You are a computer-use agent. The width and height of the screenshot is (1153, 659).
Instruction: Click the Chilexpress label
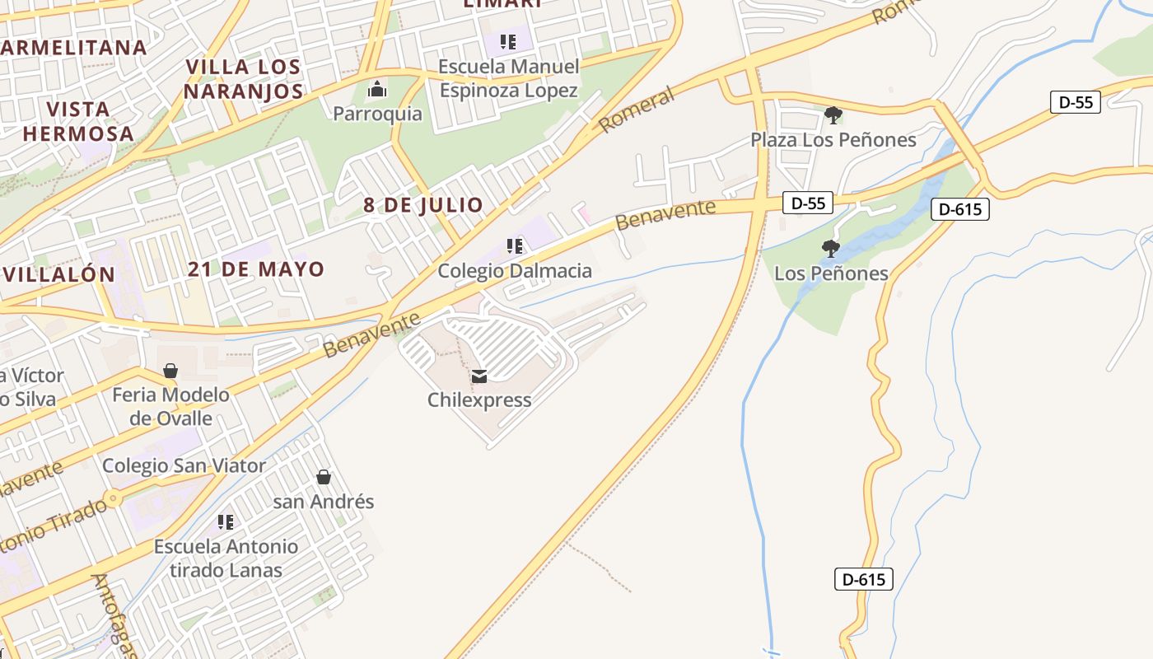[479, 400]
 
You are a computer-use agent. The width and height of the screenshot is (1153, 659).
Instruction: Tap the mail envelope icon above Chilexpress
[479, 376]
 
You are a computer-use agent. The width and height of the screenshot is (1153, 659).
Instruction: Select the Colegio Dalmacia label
[514, 270]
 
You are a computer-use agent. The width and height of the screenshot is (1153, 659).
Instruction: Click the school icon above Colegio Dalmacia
[515, 245]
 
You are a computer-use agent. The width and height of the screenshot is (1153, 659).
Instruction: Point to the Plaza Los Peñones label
[833, 140]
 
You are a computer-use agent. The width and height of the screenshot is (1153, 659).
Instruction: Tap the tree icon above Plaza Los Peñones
[833, 115]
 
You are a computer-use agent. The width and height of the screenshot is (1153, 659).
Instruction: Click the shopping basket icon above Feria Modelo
[170, 371]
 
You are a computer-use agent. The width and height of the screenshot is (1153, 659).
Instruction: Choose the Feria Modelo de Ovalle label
[170, 407]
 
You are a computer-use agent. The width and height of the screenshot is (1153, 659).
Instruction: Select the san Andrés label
[324, 502]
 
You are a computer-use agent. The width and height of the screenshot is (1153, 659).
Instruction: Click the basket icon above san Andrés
[324, 477]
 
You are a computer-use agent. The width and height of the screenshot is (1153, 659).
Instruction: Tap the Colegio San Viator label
[184, 466]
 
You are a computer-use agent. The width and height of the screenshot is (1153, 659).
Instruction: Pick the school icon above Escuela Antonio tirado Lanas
[226, 521]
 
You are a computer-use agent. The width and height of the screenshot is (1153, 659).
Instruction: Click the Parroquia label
[377, 114]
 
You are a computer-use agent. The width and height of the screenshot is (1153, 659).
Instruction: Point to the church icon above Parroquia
[377, 89]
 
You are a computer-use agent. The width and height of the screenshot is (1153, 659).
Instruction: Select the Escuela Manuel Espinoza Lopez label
[509, 78]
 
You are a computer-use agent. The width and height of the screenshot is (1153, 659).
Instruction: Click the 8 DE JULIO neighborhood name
[423, 206]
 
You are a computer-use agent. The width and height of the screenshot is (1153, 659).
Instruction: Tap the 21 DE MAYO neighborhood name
[255, 269]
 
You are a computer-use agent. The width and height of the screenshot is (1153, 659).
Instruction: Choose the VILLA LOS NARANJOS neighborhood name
[243, 79]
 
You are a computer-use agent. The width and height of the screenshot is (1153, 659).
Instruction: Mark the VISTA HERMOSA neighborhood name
[78, 121]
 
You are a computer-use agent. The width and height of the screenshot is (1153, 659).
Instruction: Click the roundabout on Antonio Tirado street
[114, 498]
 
